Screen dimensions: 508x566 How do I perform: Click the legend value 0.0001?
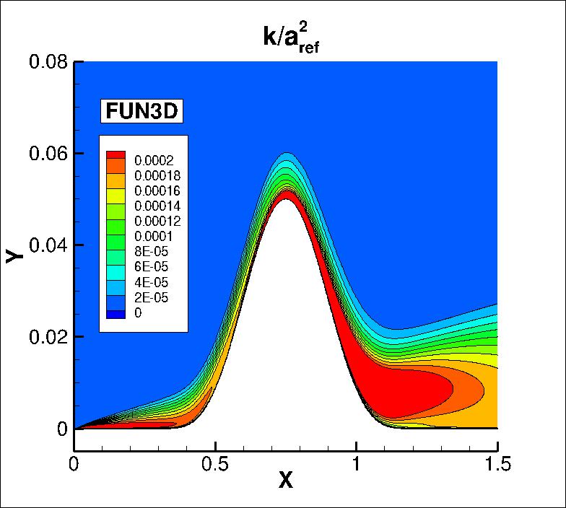153,237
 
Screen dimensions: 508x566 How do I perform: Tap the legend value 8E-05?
151,252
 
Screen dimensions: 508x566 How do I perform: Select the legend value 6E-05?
151,267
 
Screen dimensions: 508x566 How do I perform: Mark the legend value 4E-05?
151,282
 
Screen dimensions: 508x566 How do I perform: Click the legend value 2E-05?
151,297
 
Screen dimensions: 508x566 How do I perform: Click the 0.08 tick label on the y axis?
48,62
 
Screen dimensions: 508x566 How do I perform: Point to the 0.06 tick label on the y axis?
48,154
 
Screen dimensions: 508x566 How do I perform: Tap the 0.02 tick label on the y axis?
48,337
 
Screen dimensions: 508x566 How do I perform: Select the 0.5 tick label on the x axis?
215,463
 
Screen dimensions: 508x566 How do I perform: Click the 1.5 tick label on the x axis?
497,463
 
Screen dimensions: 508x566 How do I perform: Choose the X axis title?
286,481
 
